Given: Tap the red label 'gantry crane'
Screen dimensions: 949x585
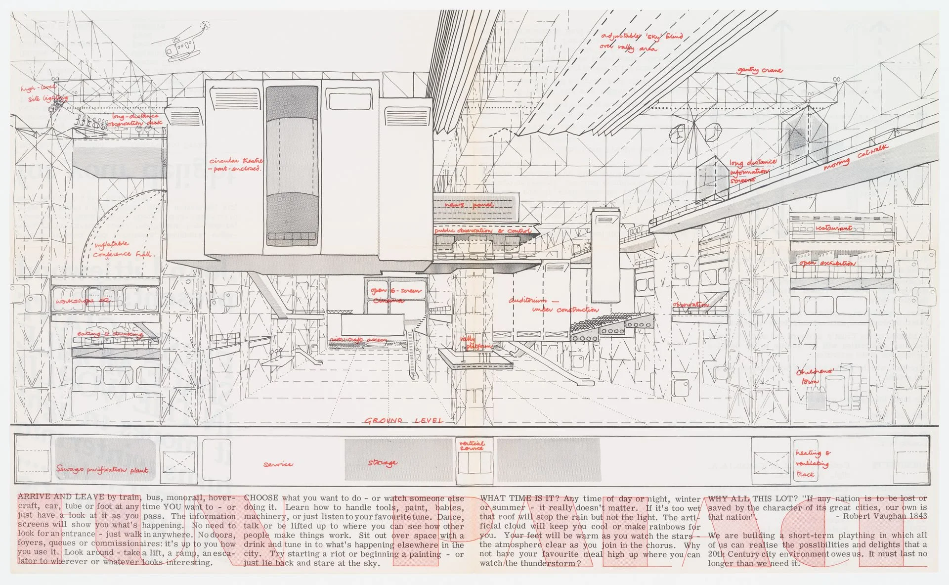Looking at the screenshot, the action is tap(760, 70).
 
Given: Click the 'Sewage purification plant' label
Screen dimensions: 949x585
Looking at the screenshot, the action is tap(102, 469).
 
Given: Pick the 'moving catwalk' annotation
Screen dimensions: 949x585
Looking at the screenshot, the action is tap(856, 158).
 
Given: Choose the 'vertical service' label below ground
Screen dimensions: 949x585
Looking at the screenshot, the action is tap(472, 446).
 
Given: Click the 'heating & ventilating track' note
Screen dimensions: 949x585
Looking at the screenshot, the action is tap(812, 463).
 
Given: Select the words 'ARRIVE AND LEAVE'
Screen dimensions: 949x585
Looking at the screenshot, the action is tap(61, 497).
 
